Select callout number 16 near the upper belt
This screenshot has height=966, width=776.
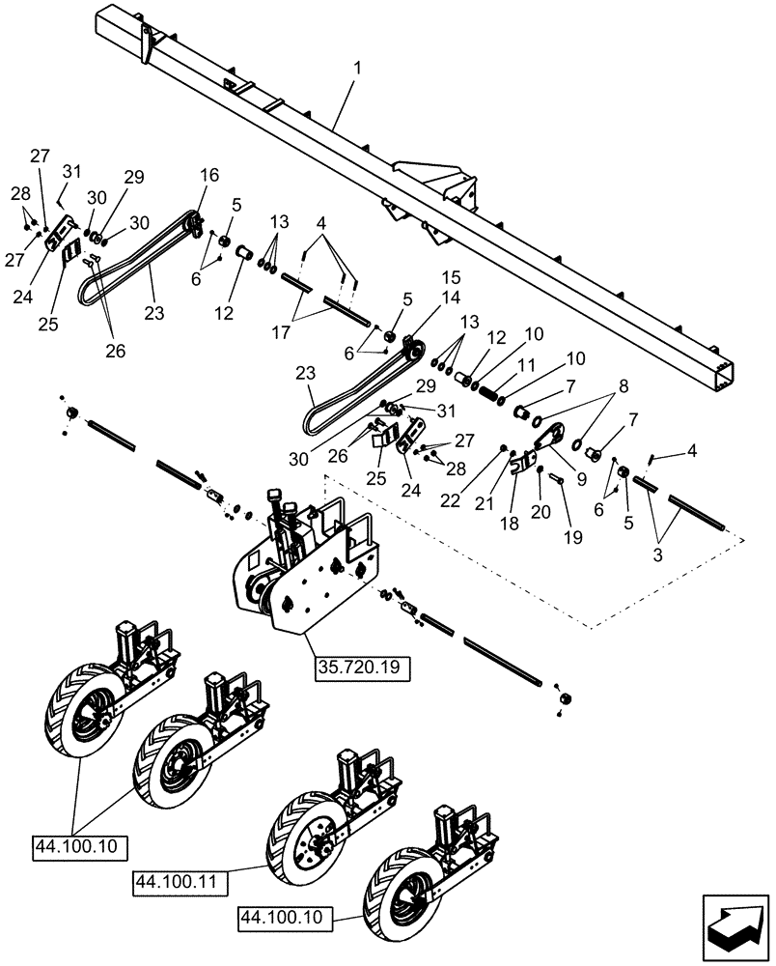[x=210, y=175]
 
